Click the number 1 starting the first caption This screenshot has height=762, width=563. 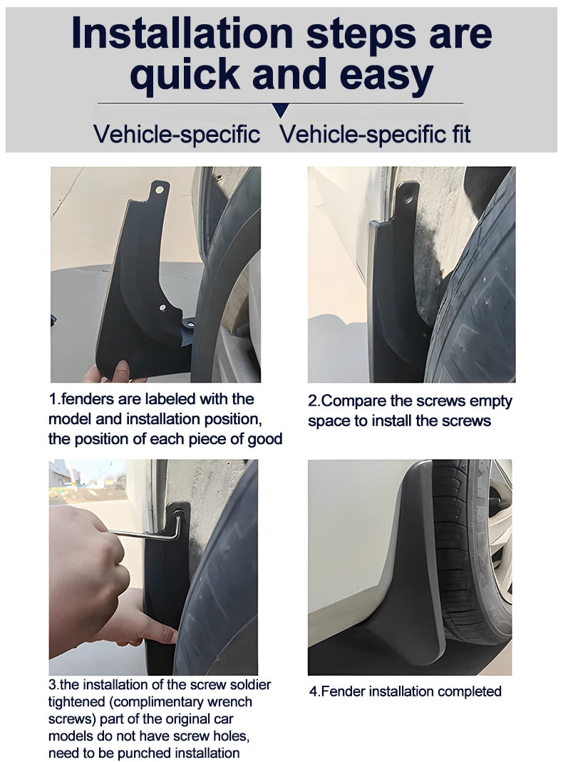click(52, 399)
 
